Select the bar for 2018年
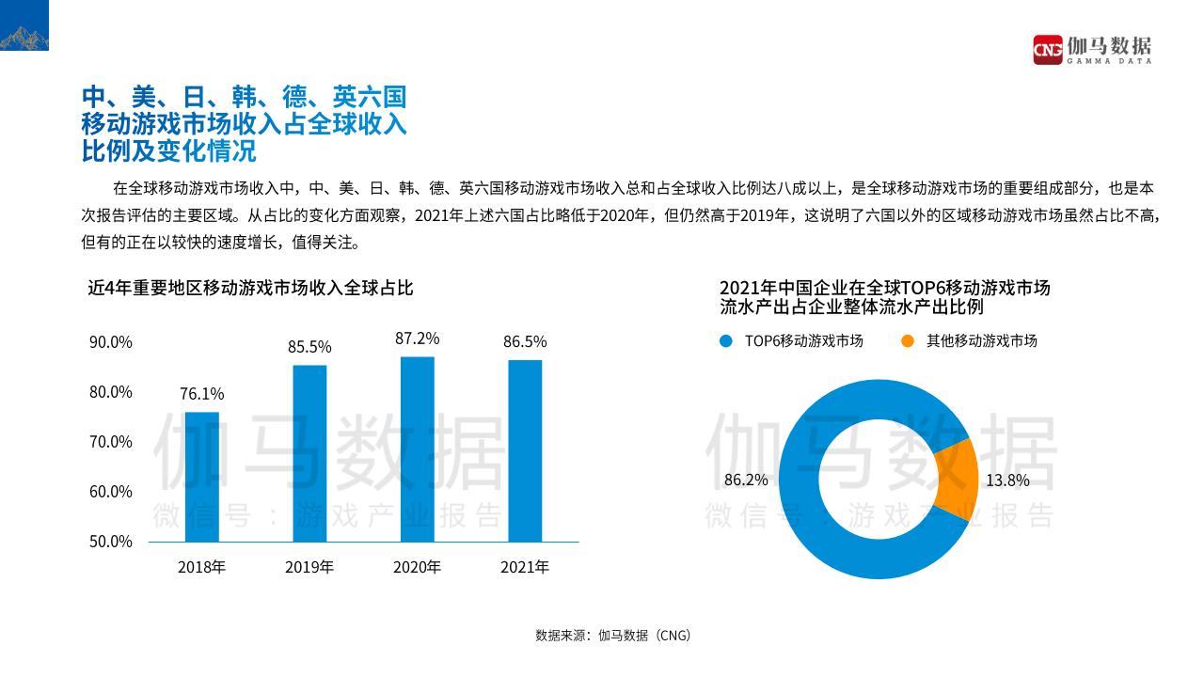[201, 477]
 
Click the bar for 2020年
[417, 449]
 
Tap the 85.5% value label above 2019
[309, 348]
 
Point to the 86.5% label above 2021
[525, 341]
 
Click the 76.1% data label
[202, 394]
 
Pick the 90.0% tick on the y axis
[111, 342]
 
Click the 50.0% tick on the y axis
[111, 542]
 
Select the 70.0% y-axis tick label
[111, 442]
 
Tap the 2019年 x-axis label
[309, 567]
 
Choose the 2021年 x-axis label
[525, 567]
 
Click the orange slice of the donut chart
[956, 480]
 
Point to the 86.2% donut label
[746, 480]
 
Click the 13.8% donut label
[1007, 480]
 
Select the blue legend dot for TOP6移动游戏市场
[725, 341]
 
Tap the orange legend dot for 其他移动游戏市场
[907, 341]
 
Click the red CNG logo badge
[1047, 49]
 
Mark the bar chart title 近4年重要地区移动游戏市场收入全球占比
[250, 288]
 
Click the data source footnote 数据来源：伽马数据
[613, 635]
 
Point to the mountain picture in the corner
[24, 26]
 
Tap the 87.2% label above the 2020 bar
[417, 338]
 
